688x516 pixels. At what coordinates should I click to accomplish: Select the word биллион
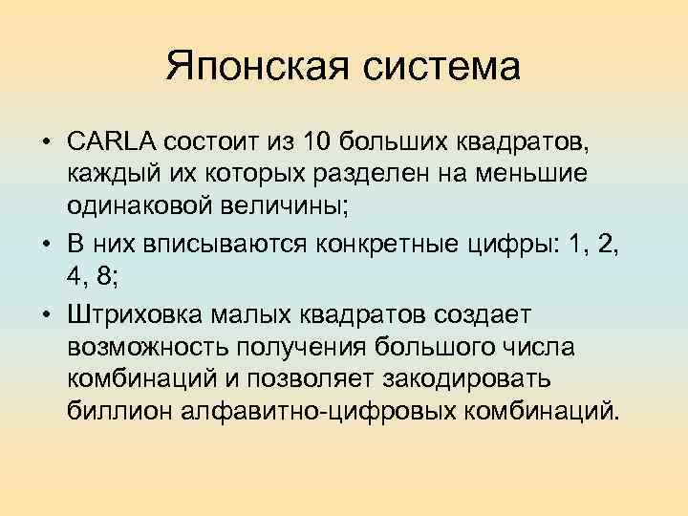pos(114,412)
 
